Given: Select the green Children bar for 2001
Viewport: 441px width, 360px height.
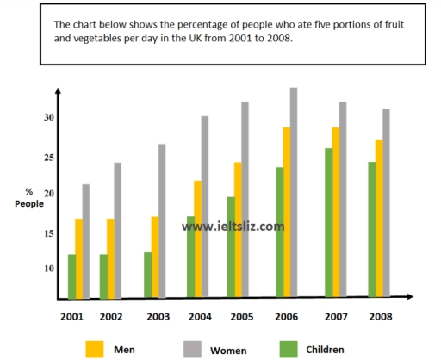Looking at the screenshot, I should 72,276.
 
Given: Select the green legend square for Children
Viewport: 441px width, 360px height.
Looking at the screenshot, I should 290,348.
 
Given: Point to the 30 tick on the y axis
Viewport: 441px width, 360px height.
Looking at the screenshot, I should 50,118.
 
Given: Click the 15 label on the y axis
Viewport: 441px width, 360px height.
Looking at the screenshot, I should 50,233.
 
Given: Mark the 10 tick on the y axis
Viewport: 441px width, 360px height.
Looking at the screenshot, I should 50,269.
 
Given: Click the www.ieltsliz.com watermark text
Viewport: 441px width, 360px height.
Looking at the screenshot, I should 233,227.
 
